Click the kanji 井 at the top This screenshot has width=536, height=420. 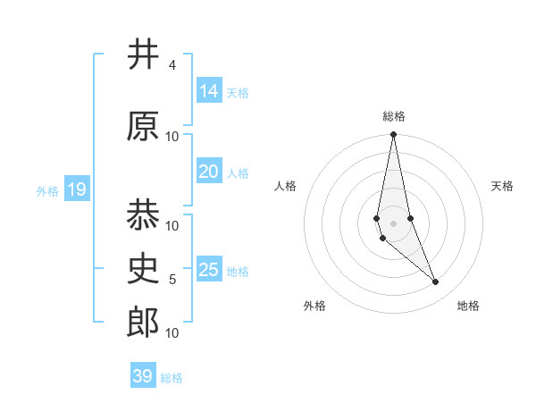click(142, 55)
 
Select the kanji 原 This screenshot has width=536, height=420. click(142, 127)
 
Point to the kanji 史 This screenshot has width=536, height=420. click(142, 268)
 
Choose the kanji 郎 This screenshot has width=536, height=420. click(142, 323)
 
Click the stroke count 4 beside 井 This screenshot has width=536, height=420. click(172, 65)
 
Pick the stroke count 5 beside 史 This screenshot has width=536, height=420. click(172, 280)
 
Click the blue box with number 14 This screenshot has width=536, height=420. click(208, 90)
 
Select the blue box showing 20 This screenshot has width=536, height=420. click(208, 172)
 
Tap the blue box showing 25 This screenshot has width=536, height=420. click(208, 269)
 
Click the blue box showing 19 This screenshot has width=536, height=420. click(76, 189)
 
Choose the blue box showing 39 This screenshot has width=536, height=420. click(142, 375)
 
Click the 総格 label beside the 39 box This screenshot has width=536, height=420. click(172, 378)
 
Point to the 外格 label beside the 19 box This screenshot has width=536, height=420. click(47, 190)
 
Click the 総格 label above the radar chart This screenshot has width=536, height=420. click(393, 116)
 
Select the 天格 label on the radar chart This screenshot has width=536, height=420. click(502, 186)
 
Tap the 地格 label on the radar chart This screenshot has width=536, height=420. click(468, 306)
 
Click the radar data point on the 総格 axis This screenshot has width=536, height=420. click(393, 135)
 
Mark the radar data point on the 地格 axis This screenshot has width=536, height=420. click(436, 282)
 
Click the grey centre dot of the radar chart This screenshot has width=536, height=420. click(393, 223)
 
